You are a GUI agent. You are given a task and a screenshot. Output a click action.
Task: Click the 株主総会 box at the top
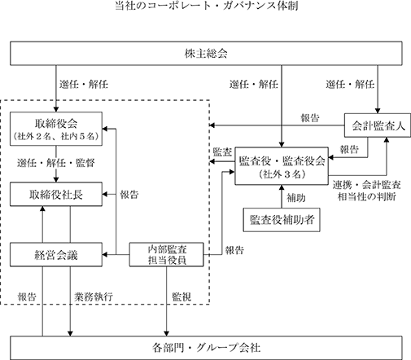(x=206, y=54)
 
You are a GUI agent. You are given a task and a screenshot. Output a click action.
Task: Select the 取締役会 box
(x=56, y=129)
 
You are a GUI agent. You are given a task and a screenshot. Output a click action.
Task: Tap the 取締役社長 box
(x=56, y=195)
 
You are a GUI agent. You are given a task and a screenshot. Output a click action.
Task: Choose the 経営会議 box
(x=56, y=255)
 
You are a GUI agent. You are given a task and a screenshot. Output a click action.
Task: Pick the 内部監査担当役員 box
(x=166, y=255)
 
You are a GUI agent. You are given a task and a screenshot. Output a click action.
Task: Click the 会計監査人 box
(x=378, y=125)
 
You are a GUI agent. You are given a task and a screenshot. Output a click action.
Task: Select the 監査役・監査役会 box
(x=282, y=166)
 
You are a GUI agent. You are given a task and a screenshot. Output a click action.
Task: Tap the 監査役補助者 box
(x=282, y=220)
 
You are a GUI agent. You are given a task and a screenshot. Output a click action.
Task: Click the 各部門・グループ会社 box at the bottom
(x=206, y=348)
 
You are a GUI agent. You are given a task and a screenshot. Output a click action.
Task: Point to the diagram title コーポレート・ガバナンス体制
(x=207, y=6)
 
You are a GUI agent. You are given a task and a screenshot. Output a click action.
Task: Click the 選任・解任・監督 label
(x=56, y=163)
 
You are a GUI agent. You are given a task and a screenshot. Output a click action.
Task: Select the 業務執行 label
(x=94, y=296)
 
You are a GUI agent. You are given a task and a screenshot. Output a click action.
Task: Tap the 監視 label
(x=181, y=296)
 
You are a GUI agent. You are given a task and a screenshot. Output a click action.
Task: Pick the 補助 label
(x=296, y=198)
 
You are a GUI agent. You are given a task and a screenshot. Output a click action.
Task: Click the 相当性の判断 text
(x=367, y=196)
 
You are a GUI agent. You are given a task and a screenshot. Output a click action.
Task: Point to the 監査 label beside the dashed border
(x=222, y=152)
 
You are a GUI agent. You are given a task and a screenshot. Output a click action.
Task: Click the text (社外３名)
(x=282, y=174)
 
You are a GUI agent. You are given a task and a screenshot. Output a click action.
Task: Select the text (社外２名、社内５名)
(x=56, y=136)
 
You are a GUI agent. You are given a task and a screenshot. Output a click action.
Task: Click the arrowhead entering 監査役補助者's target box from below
(x=282, y=187)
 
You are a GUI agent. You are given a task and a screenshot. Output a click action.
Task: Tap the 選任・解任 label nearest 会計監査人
(x=350, y=84)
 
